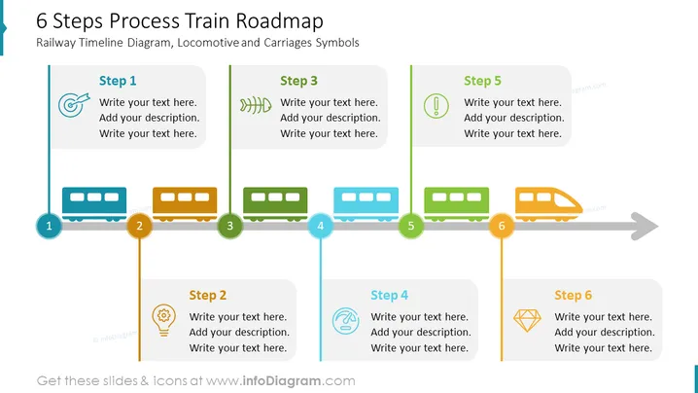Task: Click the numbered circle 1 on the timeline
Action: (x=49, y=226)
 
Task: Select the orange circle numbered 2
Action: (x=139, y=226)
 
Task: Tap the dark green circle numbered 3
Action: (x=229, y=226)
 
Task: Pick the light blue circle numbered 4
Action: (x=321, y=226)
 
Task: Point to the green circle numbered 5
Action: (x=411, y=226)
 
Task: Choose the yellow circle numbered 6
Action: (x=502, y=226)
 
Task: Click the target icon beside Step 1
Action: (x=74, y=105)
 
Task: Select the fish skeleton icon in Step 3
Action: (x=256, y=105)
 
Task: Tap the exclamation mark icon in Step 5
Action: (x=436, y=106)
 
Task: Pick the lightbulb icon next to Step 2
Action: (x=164, y=320)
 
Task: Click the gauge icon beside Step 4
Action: (x=346, y=321)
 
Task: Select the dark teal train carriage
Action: (x=94, y=204)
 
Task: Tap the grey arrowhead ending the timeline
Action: (x=645, y=226)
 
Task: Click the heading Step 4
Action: (x=390, y=295)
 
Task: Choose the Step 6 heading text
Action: (x=574, y=295)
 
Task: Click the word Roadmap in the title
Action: (x=280, y=21)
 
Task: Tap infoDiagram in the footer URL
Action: (x=282, y=381)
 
